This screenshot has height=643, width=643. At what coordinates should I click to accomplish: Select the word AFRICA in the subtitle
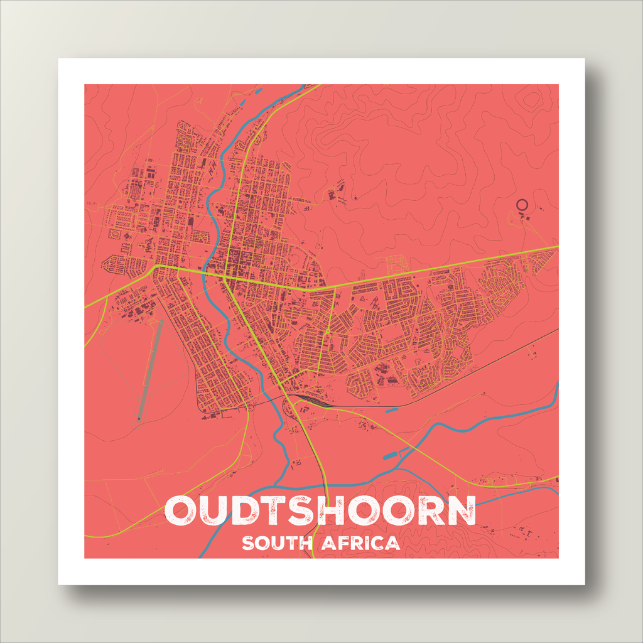tap(360, 543)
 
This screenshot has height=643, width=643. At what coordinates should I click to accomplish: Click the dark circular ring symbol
tap(521, 203)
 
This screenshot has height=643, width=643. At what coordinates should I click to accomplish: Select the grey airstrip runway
tap(149, 370)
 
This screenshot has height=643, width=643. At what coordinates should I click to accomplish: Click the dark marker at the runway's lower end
tap(139, 419)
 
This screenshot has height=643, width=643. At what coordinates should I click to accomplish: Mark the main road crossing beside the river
tap(224, 275)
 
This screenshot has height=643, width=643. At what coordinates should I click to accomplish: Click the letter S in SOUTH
tap(248, 543)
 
